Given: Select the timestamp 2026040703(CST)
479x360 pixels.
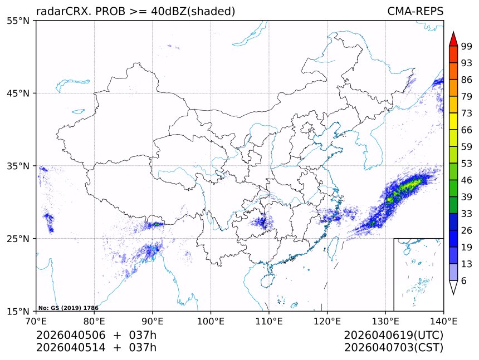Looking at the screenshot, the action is [393, 348].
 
